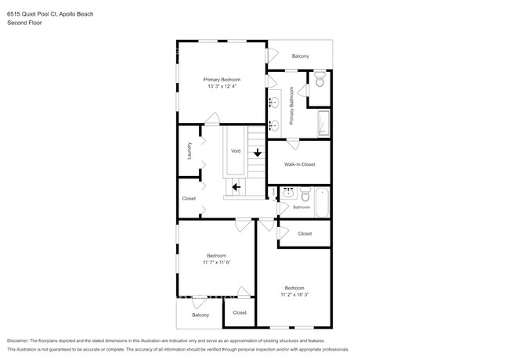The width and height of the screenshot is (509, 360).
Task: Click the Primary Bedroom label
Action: click(222, 79)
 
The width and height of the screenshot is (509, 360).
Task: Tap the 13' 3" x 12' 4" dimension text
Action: click(222, 86)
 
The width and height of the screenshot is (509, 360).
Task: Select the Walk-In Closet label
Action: click(299, 164)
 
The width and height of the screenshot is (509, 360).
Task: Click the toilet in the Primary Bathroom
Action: click(319, 81)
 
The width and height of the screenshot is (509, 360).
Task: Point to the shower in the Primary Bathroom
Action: click(323, 124)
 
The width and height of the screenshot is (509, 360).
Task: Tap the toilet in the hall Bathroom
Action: click(305, 193)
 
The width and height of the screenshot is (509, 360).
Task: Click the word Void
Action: click(235, 150)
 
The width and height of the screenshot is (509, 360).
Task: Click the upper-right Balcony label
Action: click(300, 56)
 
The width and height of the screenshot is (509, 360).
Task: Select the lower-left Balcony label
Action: click(200, 315)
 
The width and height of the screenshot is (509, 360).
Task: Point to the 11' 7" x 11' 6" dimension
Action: click(217, 262)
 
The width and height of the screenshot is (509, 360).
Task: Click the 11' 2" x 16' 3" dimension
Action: click(294, 294)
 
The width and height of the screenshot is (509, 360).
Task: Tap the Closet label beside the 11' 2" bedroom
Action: click(305, 233)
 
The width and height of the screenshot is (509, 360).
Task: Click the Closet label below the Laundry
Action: click(189, 198)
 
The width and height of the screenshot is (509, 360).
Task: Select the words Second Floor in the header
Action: click(24, 23)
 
